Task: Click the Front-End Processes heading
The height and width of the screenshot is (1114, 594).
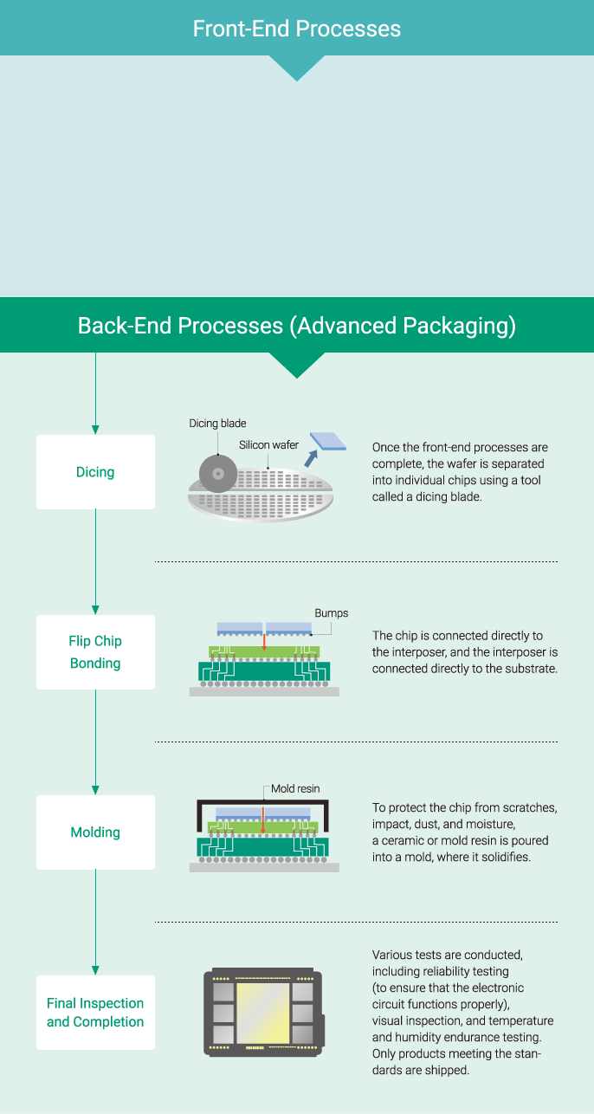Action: pyautogui.click(x=296, y=29)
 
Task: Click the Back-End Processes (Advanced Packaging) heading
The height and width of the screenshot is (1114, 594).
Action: pyautogui.click(x=296, y=326)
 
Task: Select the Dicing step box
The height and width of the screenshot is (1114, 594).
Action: pyautogui.click(x=95, y=472)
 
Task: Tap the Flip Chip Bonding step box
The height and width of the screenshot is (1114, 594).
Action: pyautogui.click(x=95, y=652)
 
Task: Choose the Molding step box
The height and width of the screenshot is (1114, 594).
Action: pyautogui.click(x=95, y=832)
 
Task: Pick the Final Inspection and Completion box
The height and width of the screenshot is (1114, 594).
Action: pyautogui.click(x=95, y=1013)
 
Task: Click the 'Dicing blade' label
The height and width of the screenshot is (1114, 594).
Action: pyautogui.click(x=217, y=424)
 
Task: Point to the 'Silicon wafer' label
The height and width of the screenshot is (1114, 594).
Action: pyautogui.click(x=268, y=445)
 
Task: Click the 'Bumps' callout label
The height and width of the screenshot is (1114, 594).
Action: pyautogui.click(x=331, y=613)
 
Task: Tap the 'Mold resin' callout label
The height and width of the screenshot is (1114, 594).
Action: pyautogui.click(x=295, y=789)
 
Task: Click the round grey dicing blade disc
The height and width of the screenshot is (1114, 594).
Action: pyautogui.click(x=217, y=473)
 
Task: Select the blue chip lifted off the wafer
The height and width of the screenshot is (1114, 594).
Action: pyautogui.click(x=327, y=442)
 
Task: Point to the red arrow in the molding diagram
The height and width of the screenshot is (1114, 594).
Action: pyautogui.click(x=264, y=815)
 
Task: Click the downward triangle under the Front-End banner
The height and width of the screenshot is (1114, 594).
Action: pyautogui.click(x=296, y=68)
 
